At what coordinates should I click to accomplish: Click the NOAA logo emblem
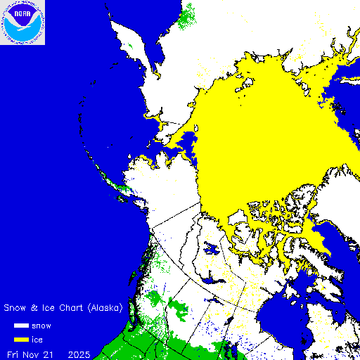[23, 22]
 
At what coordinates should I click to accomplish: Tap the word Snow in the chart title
[15, 308]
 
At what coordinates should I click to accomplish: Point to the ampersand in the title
[34, 308]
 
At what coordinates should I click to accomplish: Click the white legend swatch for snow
[20, 326]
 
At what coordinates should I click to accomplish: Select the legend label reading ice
[37, 340]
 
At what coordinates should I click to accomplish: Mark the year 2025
[79, 354]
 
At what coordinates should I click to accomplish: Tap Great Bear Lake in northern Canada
[210, 248]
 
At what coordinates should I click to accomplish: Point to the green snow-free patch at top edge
[188, 14]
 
